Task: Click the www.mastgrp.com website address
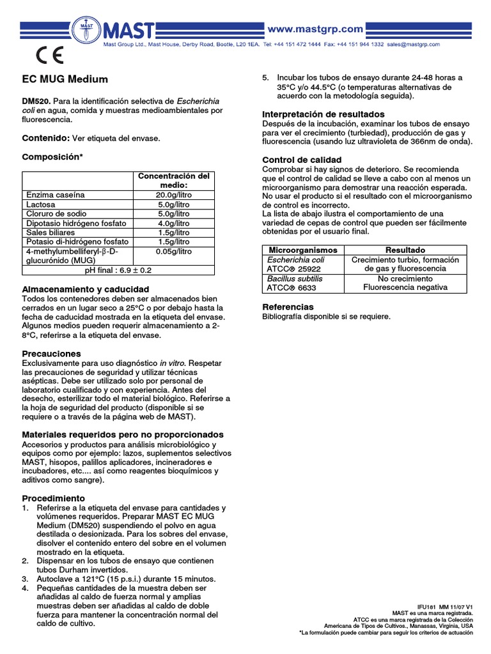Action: click(315, 29)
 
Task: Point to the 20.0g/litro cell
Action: click(174, 194)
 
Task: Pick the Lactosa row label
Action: click(41, 204)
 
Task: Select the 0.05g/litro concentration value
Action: click(174, 252)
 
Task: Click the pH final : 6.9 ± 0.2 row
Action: click(118, 271)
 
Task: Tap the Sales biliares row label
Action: click(51, 233)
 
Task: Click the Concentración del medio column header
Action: click(174, 180)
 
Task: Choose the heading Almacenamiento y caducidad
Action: click(86, 289)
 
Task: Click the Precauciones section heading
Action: click(52, 353)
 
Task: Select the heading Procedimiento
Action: click(54, 498)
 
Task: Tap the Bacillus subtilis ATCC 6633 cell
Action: click(295, 284)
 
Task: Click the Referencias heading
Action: click(288, 307)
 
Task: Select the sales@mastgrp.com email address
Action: click(414, 45)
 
